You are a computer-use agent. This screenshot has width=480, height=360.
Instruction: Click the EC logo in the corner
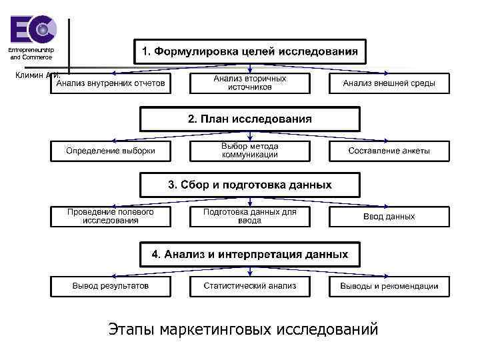[33, 29]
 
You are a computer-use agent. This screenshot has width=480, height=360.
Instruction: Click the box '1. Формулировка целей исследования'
[249, 51]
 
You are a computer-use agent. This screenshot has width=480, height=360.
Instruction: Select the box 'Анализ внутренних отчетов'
[111, 83]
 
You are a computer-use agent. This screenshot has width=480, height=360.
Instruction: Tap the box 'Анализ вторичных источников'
[250, 83]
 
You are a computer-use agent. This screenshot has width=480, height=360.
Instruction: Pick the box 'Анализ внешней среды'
[389, 83]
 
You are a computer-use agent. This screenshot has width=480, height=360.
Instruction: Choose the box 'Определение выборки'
[111, 151]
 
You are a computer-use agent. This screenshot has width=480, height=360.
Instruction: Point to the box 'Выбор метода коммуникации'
[250, 151]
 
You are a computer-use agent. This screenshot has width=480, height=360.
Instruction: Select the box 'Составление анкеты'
[389, 151]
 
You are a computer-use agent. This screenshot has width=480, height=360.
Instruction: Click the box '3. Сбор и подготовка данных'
[249, 185]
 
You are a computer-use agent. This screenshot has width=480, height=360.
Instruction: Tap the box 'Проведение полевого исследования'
[111, 216]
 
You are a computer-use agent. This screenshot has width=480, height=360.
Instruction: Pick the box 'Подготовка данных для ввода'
[250, 216]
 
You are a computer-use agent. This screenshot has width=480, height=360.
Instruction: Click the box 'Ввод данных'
[389, 217]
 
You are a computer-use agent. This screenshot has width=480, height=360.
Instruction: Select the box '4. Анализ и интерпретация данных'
[249, 254]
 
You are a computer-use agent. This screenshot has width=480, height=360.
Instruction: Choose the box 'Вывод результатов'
[111, 286]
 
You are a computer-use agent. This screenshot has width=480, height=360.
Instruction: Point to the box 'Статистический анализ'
[250, 286]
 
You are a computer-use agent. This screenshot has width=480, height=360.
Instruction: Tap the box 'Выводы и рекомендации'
[389, 286]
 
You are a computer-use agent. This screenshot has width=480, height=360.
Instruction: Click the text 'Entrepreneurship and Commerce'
[31, 54]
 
